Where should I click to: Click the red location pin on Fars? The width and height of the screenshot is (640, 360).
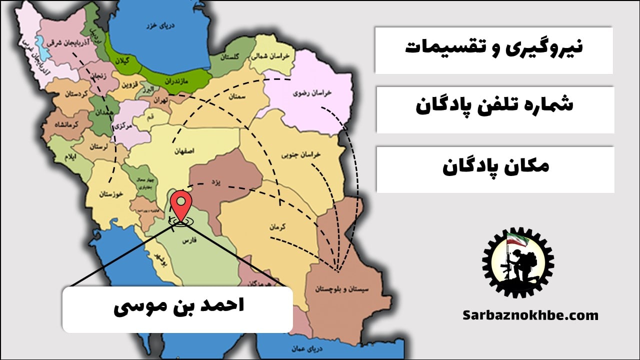(x=180, y=204)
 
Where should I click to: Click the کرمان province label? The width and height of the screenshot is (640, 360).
(x=277, y=226)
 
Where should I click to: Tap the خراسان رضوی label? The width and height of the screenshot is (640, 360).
(x=306, y=93)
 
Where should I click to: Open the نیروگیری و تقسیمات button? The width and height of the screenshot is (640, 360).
(x=493, y=49)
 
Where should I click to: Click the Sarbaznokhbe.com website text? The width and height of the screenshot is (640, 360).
(x=530, y=315)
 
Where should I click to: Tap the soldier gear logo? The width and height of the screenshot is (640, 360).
(x=517, y=262)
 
